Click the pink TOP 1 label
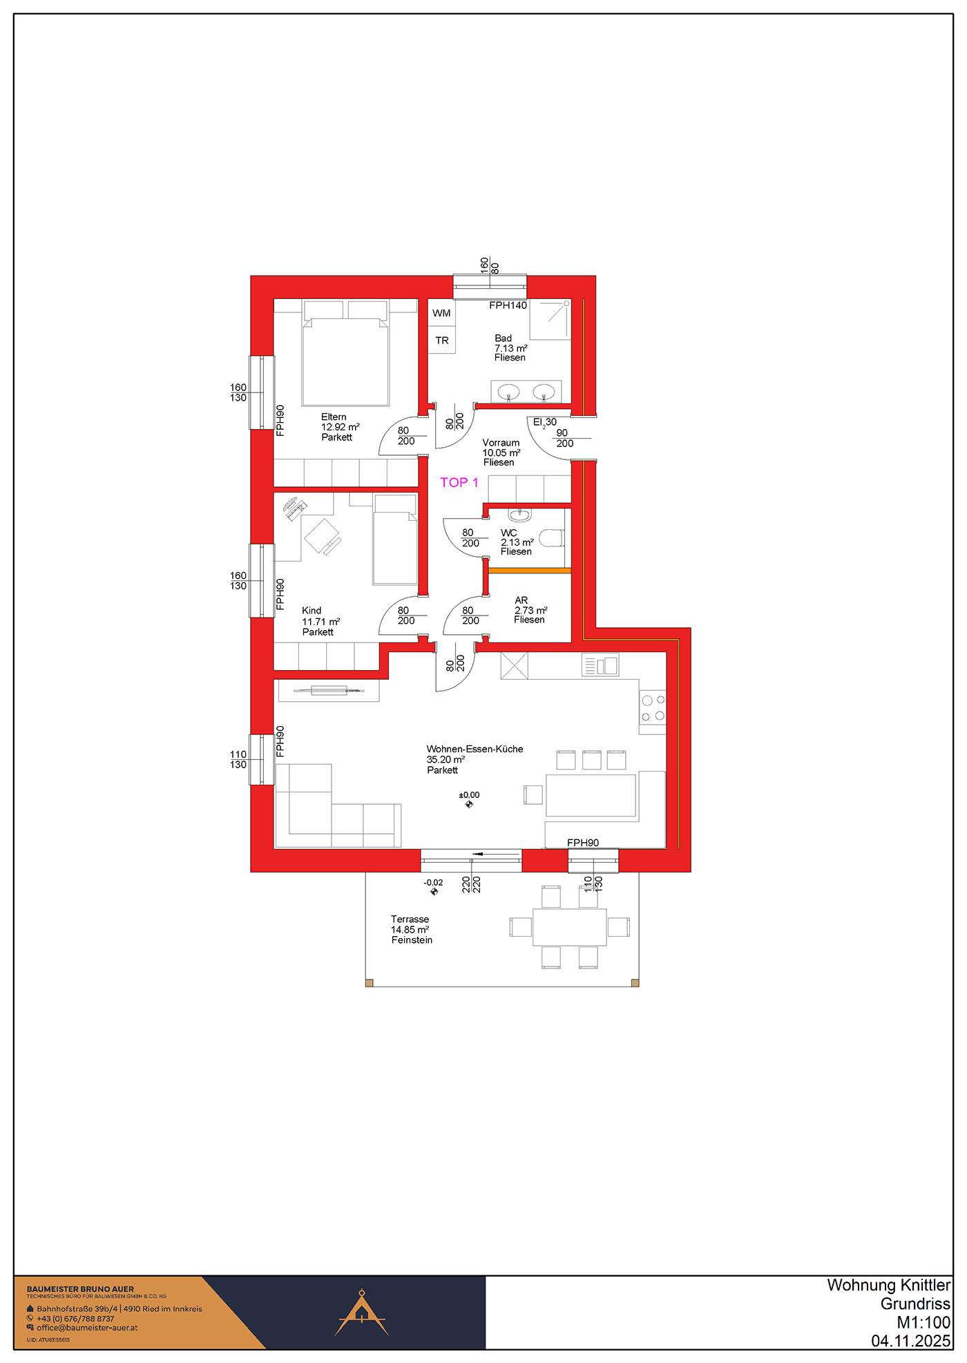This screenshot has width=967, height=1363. tap(459, 483)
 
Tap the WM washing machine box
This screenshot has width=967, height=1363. tap(441, 313)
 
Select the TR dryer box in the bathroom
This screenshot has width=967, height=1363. tap(441, 341)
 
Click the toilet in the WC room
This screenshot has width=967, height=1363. tap(552, 538)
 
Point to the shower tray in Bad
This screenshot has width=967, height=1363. tap(550, 320)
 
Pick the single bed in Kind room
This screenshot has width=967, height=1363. tap(395, 540)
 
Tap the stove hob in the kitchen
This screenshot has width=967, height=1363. tap(653, 707)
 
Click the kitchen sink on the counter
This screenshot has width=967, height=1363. tap(600, 665)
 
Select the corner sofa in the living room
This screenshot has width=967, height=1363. tap(338, 806)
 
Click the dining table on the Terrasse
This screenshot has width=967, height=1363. tap(570, 927)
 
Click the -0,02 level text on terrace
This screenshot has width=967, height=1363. tap(433, 883)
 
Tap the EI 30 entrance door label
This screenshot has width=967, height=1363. tap(545, 422)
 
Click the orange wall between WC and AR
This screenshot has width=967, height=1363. tap(530, 571)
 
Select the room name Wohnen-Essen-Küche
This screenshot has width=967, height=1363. tap(475, 749)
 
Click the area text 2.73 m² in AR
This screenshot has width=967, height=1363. tap(530, 610)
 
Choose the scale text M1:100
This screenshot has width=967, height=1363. tap(923, 1322)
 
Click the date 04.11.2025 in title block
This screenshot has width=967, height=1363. tap(911, 1341)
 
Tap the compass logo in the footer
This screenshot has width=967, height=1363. tap(361, 1312)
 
